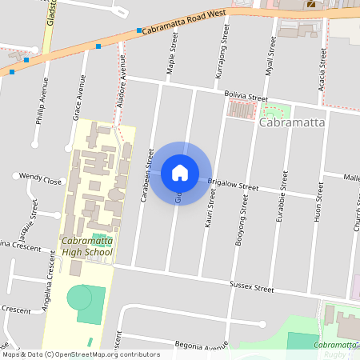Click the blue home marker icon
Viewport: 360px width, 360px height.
pos(179,173)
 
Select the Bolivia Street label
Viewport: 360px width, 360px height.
pos(245,97)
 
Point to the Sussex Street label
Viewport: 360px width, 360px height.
pos(251,284)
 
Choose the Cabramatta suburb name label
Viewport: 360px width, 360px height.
pos(293,124)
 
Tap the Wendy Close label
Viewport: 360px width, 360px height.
pos(40,180)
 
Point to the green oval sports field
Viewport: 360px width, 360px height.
pos(79,298)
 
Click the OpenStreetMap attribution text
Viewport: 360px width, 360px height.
pos(80,354)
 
